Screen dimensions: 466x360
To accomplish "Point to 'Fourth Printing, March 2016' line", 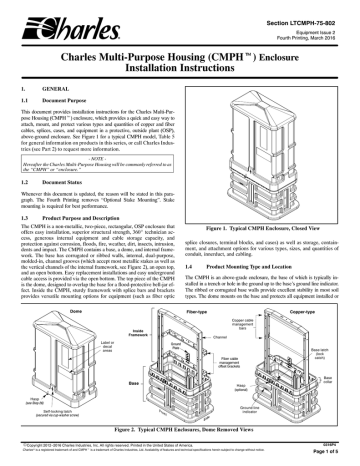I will [x=309, y=27].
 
